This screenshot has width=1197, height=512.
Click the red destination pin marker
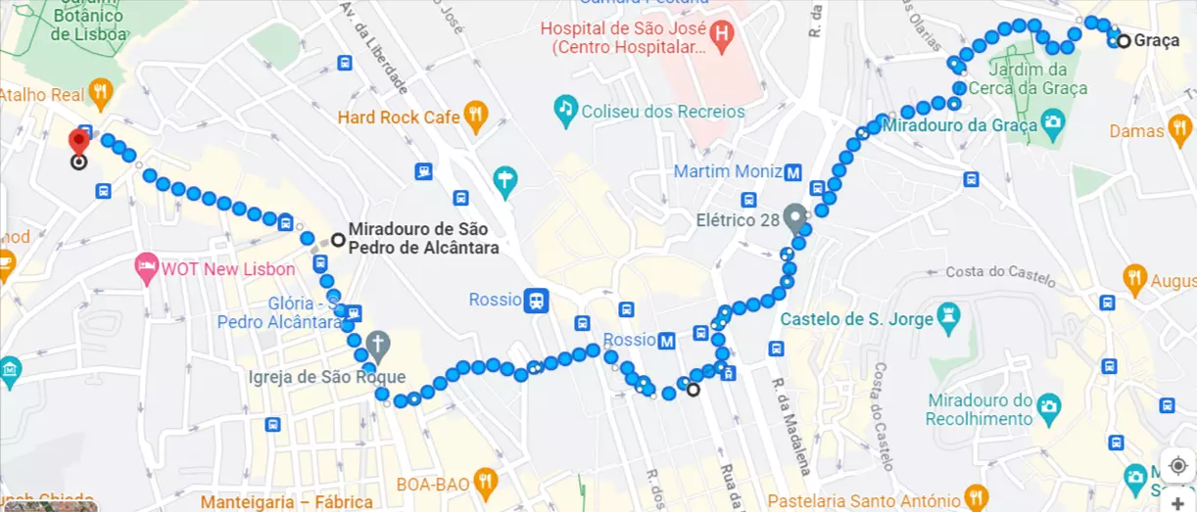(x=79, y=141)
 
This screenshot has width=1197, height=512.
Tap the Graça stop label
(x=1157, y=41)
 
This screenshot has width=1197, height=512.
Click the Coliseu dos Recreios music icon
(x=565, y=111)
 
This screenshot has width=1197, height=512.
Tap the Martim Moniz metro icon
(x=793, y=172)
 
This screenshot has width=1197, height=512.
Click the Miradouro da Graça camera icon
(x=1053, y=123)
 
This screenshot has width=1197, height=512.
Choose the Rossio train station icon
(x=536, y=300)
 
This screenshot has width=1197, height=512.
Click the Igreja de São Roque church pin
(x=378, y=345)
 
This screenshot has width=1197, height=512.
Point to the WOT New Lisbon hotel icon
(x=147, y=268)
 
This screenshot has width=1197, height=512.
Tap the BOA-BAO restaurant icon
(x=484, y=481)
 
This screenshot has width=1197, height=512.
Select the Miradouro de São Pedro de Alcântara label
(x=423, y=238)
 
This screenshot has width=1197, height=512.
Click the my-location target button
(x=1177, y=465)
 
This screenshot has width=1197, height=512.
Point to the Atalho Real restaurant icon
(x=99, y=94)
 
